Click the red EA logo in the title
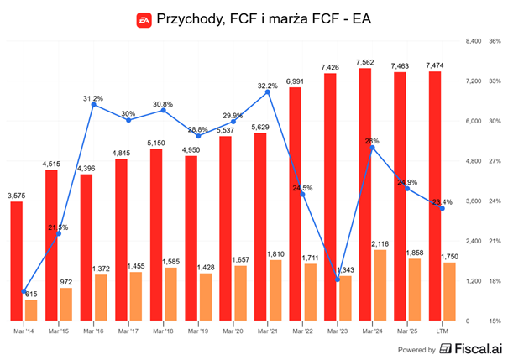(x=144, y=18)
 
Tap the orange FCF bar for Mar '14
(x=31, y=310)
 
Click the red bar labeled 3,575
(x=17, y=261)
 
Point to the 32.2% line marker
(x=268, y=92)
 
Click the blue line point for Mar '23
(x=337, y=279)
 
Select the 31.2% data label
(x=92, y=98)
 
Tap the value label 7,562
(x=366, y=61)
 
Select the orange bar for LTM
(x=450, y=291)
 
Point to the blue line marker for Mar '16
(x=92, y=106)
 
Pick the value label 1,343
(x=346, y=269)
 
